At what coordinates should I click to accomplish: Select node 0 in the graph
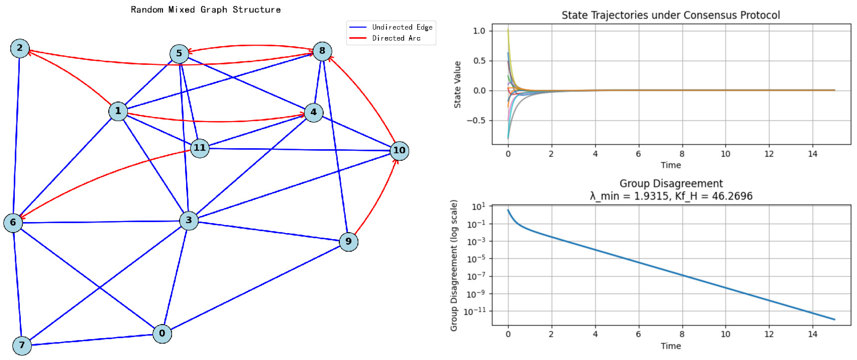pos(162,333)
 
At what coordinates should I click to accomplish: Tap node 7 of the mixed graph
pos(22,345)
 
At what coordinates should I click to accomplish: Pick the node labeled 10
pos(399,151)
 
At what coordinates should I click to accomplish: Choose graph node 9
pos(348,241)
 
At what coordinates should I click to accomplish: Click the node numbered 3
pos(189,220)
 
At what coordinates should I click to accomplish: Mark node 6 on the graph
pos(13,222)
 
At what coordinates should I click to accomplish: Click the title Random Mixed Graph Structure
pos(206,10)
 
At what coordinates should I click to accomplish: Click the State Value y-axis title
pos(457,85)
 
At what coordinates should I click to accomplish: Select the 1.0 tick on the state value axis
pos(479,31)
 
